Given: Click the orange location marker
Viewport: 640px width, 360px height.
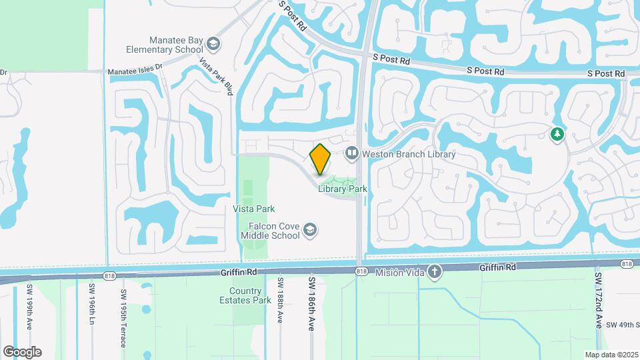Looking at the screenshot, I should tap(321, 159).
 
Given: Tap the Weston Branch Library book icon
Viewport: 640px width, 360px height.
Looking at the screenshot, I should tap(351, 154).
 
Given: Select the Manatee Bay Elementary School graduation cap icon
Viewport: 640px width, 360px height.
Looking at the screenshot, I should tap(213, 45).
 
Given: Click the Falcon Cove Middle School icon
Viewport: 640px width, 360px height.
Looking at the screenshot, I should tap(309, 231).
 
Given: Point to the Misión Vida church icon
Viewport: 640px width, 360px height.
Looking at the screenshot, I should tap(434, 272).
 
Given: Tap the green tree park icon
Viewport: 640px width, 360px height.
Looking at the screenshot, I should tap(557, 135).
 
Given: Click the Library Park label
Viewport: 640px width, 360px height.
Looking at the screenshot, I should tap(343, 189).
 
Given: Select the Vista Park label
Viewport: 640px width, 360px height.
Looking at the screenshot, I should tap(254, 209).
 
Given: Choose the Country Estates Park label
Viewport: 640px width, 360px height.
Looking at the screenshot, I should tap(245, 295).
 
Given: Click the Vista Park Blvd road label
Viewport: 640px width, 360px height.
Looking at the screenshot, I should tap(216, 75).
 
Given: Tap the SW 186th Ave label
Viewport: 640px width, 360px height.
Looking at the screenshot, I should tap(311, 303).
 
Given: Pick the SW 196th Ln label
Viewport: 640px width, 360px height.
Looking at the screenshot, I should tap(92, 303).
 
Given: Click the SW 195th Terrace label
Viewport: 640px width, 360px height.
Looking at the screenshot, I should tap(124, 317).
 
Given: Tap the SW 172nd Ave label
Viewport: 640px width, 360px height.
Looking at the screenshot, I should tap(598, 300).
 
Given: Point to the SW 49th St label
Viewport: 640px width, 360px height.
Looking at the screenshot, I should tap(622, 325).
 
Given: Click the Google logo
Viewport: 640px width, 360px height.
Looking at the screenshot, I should tap(22, 352).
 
